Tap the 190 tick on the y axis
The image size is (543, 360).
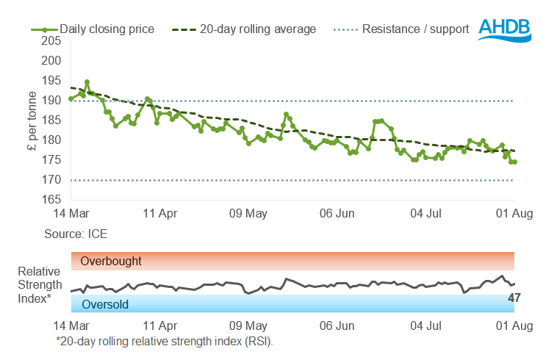53,101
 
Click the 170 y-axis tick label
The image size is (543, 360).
53,180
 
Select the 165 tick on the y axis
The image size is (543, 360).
53,200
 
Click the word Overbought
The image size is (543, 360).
111,261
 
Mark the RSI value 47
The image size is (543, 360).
514,298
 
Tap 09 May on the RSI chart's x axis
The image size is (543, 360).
248,325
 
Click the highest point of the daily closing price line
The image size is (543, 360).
87,82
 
